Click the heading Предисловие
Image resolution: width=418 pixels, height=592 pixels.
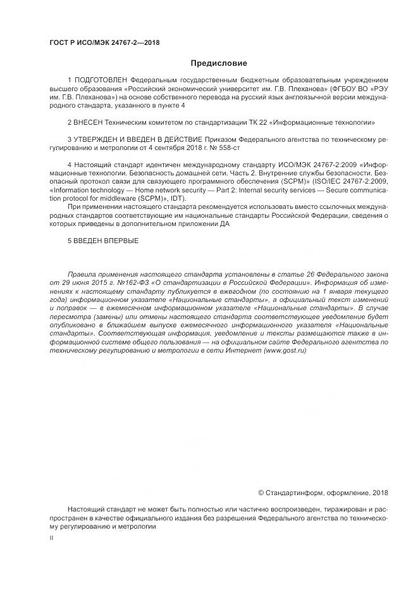tap(219, 63)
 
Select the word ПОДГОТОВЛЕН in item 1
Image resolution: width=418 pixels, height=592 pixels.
tap(101, 80)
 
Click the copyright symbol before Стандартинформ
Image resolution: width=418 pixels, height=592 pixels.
tap(261, 493)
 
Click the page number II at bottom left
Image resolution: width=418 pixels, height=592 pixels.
tap(51, 538)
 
